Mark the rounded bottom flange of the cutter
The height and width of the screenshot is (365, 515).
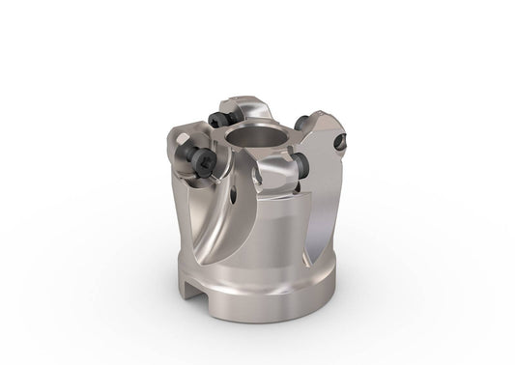point(290,290)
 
